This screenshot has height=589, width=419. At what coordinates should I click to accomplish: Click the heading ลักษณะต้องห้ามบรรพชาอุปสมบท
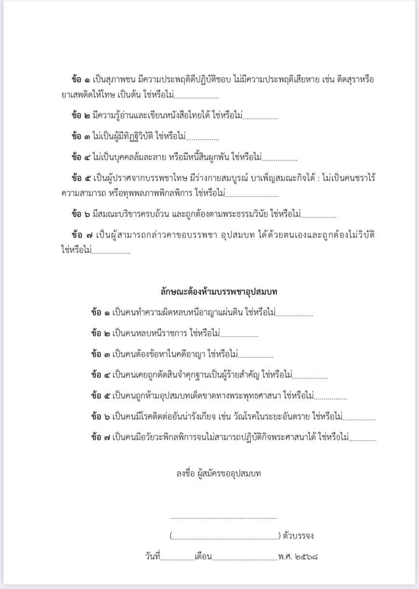point(219,291)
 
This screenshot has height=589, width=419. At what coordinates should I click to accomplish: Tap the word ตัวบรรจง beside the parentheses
point(299,535)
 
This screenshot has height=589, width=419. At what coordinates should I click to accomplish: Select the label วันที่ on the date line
point(152,556)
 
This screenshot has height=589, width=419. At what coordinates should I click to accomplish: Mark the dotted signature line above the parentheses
point(224,518)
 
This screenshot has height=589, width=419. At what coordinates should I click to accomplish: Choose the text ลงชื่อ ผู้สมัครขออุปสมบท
point(219,473)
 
